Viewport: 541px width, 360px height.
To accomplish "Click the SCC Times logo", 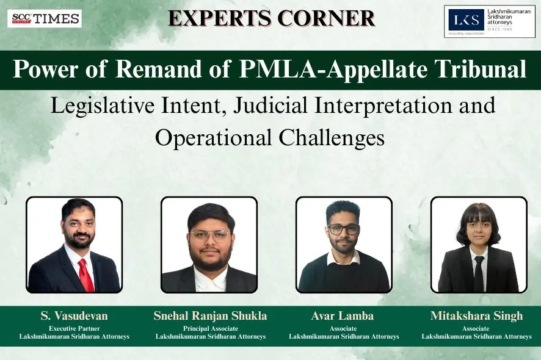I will (x=45, y=19).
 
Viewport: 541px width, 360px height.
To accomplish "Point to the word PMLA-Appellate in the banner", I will (x=304, y=70).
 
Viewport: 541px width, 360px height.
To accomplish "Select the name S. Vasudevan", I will (x=74, y=317).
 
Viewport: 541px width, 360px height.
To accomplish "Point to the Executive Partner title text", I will (x=74, y=328).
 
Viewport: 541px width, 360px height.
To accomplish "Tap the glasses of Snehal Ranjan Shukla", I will (x=209, y=234).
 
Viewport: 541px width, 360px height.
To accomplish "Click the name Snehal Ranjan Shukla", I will (x=210, y=317).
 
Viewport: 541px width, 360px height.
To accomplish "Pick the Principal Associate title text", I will (x=210, y=328).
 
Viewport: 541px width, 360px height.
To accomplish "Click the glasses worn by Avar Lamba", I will (x=343, y=229).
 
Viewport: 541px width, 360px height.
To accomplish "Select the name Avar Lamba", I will (x=344, y=317).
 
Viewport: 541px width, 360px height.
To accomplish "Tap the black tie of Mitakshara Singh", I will (x=479, y=272).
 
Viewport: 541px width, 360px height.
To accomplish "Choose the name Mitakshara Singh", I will (x=476, y=317).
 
